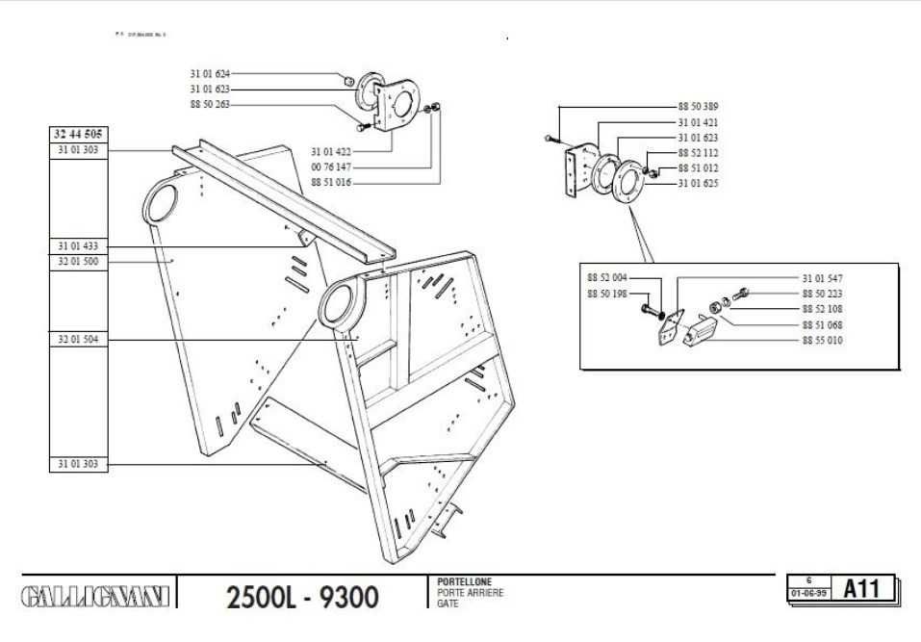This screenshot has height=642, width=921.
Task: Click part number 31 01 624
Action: click(x=209, y=73)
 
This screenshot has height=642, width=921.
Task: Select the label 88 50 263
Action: click(x=209, y=104)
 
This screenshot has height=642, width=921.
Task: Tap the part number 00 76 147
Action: click(x=331, y=167)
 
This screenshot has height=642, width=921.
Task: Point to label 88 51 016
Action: click(x=331, y=182)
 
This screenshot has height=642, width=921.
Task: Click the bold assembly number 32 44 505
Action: click(x=75, y=135)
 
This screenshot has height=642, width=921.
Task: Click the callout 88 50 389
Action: click(x=698, y=107)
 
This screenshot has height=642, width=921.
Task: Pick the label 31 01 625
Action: click(x=698, y=183)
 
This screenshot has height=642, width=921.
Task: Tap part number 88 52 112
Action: click(x=698, y=153)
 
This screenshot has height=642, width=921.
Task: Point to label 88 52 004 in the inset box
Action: click(x=607, y=277)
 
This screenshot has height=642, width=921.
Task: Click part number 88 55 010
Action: click(x=822, y=340)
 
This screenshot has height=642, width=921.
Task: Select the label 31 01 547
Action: click(x=822, y=277)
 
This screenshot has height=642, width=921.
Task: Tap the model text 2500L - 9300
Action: click(x=302, y=598)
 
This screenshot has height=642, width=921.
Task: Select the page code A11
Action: click(x=864, y=589)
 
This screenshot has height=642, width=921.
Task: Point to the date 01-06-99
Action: click(x=808, y=595)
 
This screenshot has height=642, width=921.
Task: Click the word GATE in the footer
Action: click(x=447, y=603)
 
